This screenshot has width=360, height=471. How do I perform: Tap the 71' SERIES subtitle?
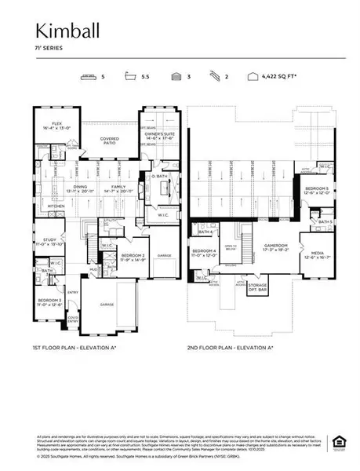click(42, 48)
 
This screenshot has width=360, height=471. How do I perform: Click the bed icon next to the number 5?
click(88, 78)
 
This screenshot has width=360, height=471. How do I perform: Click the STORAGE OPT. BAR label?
click(279, 288)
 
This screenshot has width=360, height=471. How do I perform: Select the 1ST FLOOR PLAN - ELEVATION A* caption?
click(78, 346)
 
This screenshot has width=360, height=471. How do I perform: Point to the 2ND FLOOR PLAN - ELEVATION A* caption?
click(230, 346)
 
